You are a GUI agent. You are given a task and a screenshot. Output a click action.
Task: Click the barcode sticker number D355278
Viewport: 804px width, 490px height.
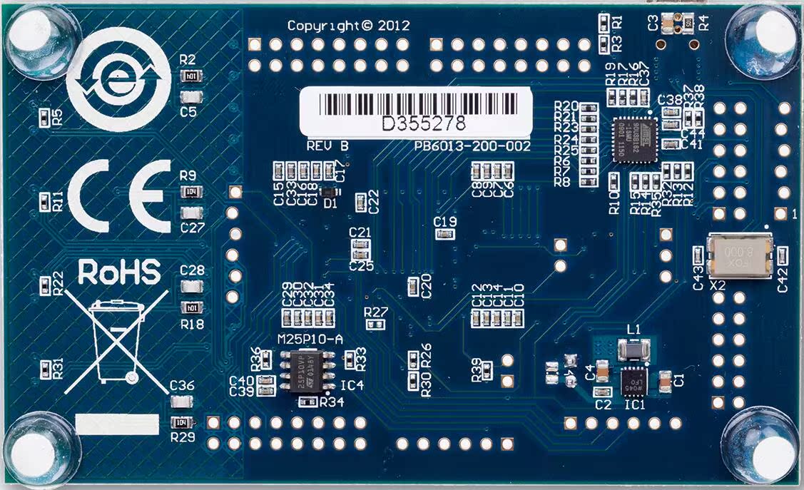(x=424, y=123)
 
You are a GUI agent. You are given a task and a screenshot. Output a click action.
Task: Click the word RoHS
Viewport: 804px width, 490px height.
(x=118, y=273)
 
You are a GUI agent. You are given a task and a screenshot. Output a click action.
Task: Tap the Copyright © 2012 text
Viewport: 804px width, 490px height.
(x=348, y=26)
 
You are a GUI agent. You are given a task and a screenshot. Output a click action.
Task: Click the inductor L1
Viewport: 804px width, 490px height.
(x=633, y=350)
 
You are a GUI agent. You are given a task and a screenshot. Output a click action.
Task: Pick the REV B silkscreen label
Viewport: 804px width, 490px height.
(x=327, y=146)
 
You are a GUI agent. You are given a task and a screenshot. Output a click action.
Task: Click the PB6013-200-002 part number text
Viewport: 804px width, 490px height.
(x=472, y=146)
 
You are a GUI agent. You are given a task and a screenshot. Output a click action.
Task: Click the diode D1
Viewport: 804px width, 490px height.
(x=329, y=192)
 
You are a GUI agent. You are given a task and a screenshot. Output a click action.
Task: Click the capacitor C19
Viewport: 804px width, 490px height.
(x=445, y=233)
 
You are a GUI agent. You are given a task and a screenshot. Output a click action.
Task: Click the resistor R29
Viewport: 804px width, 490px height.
(x=182, y=422)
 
